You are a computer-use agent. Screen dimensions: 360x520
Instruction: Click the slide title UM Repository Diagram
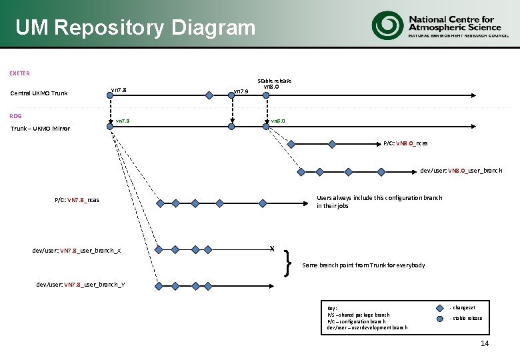pyautogui.click(x=135, y=28)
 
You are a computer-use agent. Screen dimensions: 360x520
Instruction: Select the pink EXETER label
pyautogui.click(x=19, y=73)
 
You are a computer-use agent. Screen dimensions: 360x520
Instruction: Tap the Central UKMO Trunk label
pyautogui.click(x=39, y=93)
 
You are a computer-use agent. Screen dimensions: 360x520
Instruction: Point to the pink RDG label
pyautogui.click(x=15, y=116)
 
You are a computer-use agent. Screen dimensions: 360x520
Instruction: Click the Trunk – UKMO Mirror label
pyautogui.click(x=39, y=128)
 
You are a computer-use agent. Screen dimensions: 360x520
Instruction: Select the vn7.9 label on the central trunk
pyautogui.click(x=240, y=91)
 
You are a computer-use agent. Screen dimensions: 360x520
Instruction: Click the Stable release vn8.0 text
pyautogui.click(x=274, y=84)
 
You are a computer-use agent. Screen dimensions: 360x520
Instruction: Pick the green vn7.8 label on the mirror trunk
pyautogui.click(x=123, y=121)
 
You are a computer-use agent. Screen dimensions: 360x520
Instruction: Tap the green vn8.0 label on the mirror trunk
pyautogui.click(x=277, y=121)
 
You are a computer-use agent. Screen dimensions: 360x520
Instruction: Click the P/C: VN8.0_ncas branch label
pyautogui.click(x=405, y=143)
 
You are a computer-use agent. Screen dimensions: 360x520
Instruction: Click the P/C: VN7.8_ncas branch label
pyautogui.click(x=77, y=200)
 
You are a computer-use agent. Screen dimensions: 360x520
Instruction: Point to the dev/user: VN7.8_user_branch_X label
pyautogui.click(x=77, y=251)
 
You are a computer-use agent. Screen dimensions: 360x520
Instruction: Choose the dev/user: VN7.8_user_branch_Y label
pyautogui.click(x=81, y=285)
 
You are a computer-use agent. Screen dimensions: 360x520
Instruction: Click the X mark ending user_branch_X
pyautogui.click(x=272, y=249)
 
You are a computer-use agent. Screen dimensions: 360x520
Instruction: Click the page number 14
pyautogui.click(x=485, y=343)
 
